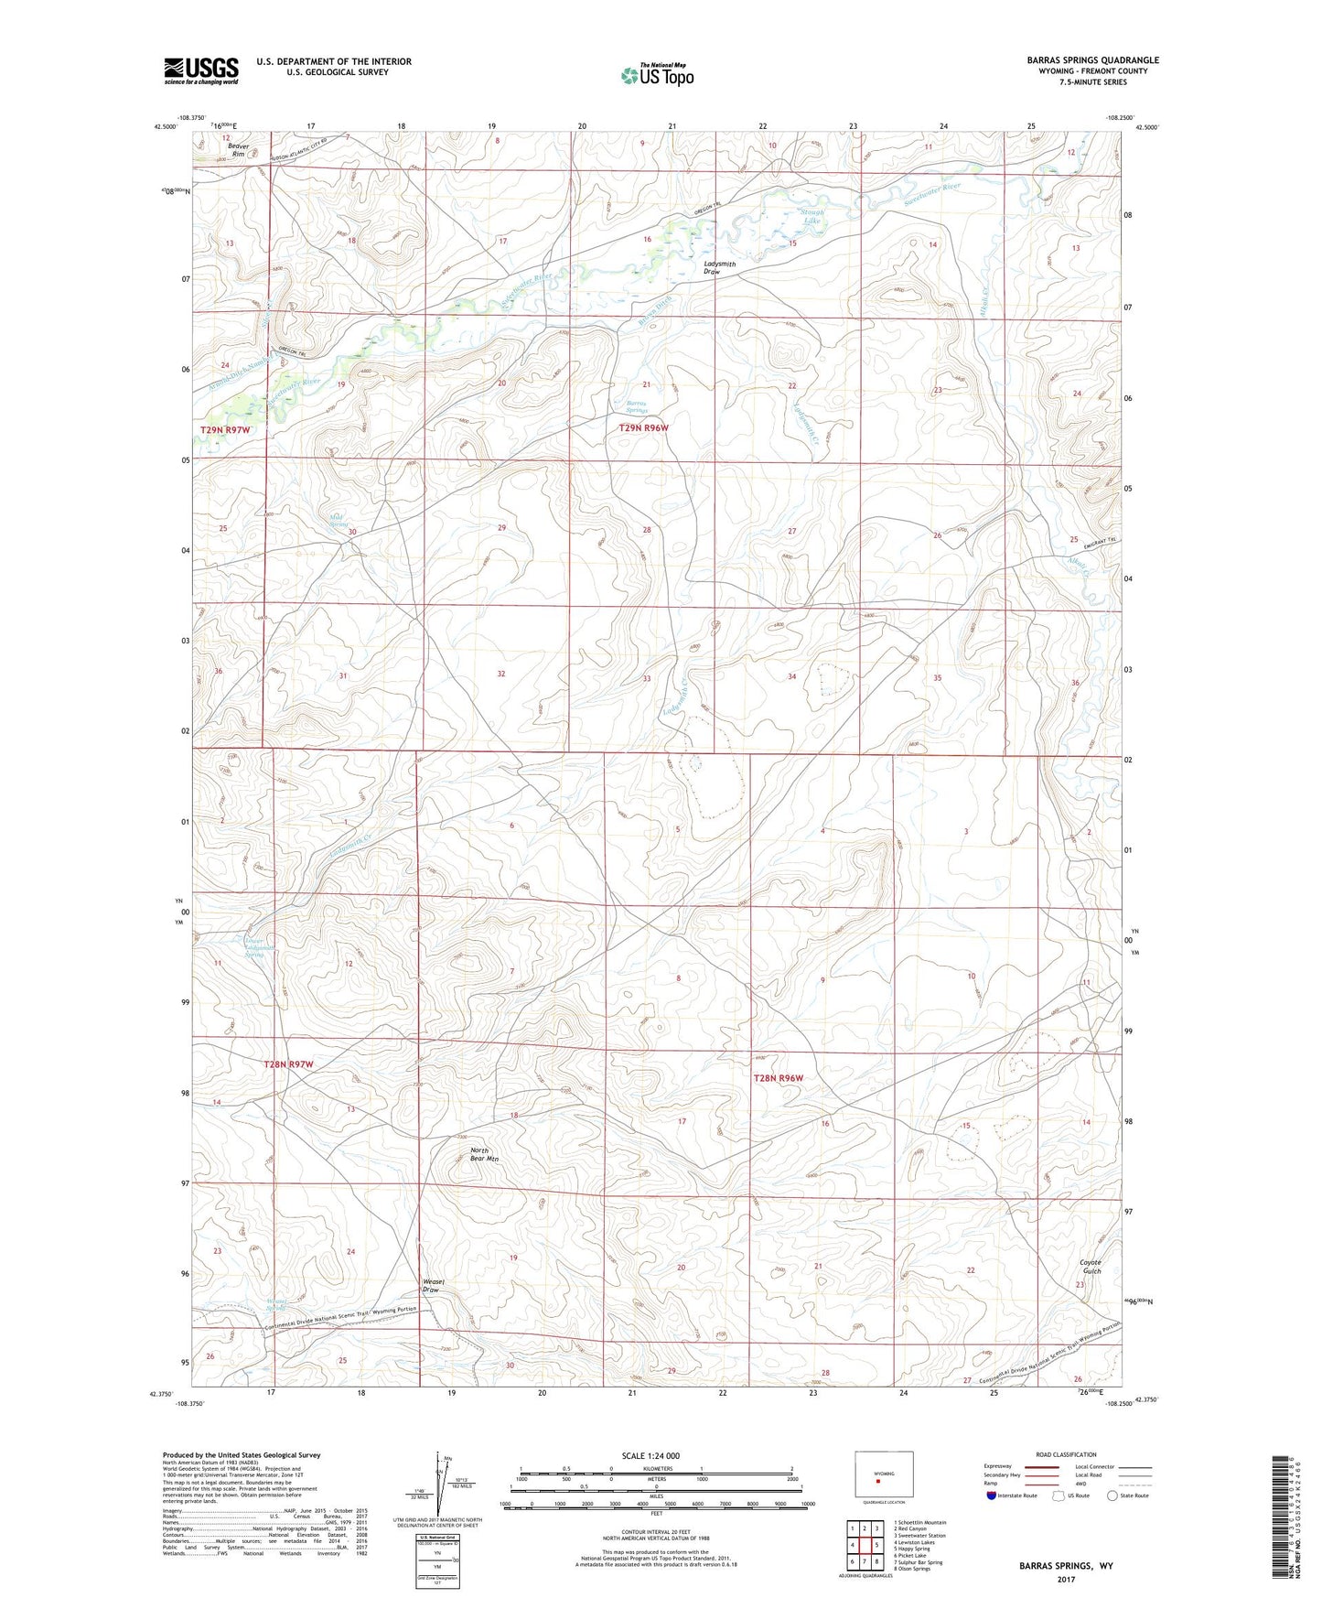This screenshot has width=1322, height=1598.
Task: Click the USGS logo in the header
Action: (200, 70)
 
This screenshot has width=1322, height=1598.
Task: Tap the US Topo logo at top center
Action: (656, 74)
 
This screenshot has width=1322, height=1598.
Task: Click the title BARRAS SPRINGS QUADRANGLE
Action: (1092, 60)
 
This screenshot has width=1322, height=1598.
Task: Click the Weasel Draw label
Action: (434, 1285)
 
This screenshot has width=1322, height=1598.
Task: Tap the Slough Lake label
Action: (812, 216)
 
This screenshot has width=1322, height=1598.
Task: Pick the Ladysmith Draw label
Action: (719, 268)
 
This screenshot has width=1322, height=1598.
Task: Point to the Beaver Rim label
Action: (239, 149)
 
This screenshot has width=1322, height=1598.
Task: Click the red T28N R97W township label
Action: (288, 1064)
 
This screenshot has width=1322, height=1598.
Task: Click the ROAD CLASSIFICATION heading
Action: (1066, 1454)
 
